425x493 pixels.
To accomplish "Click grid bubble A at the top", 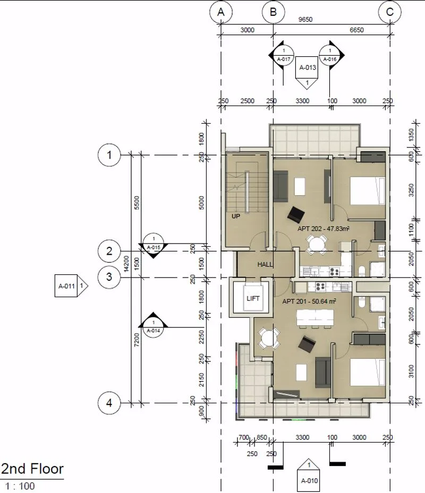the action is coord(221,12).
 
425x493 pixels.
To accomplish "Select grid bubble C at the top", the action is coord(390,12).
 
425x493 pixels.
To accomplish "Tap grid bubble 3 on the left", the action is coord(109,277).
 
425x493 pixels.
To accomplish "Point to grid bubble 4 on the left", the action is coord(109,403).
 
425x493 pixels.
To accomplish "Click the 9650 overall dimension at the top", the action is coord(305,20).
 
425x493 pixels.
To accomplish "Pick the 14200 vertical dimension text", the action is coord(126,263).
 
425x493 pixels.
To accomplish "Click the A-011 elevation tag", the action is coord(71,286).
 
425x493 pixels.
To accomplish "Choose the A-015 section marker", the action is coord(154,246).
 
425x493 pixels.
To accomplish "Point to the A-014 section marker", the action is coord(154,325).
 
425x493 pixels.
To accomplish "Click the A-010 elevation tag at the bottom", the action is coord(309,475).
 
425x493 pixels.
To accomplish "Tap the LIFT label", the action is coord(253,298).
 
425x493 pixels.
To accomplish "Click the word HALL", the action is coord(265,264).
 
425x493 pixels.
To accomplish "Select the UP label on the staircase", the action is coord(236,217).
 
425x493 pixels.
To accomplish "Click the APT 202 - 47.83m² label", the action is coord(324,229).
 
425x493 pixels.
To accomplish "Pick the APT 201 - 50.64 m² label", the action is coord(309,301).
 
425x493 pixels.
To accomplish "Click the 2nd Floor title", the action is coord(32,469).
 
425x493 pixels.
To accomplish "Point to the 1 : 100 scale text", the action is coord(20,486).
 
